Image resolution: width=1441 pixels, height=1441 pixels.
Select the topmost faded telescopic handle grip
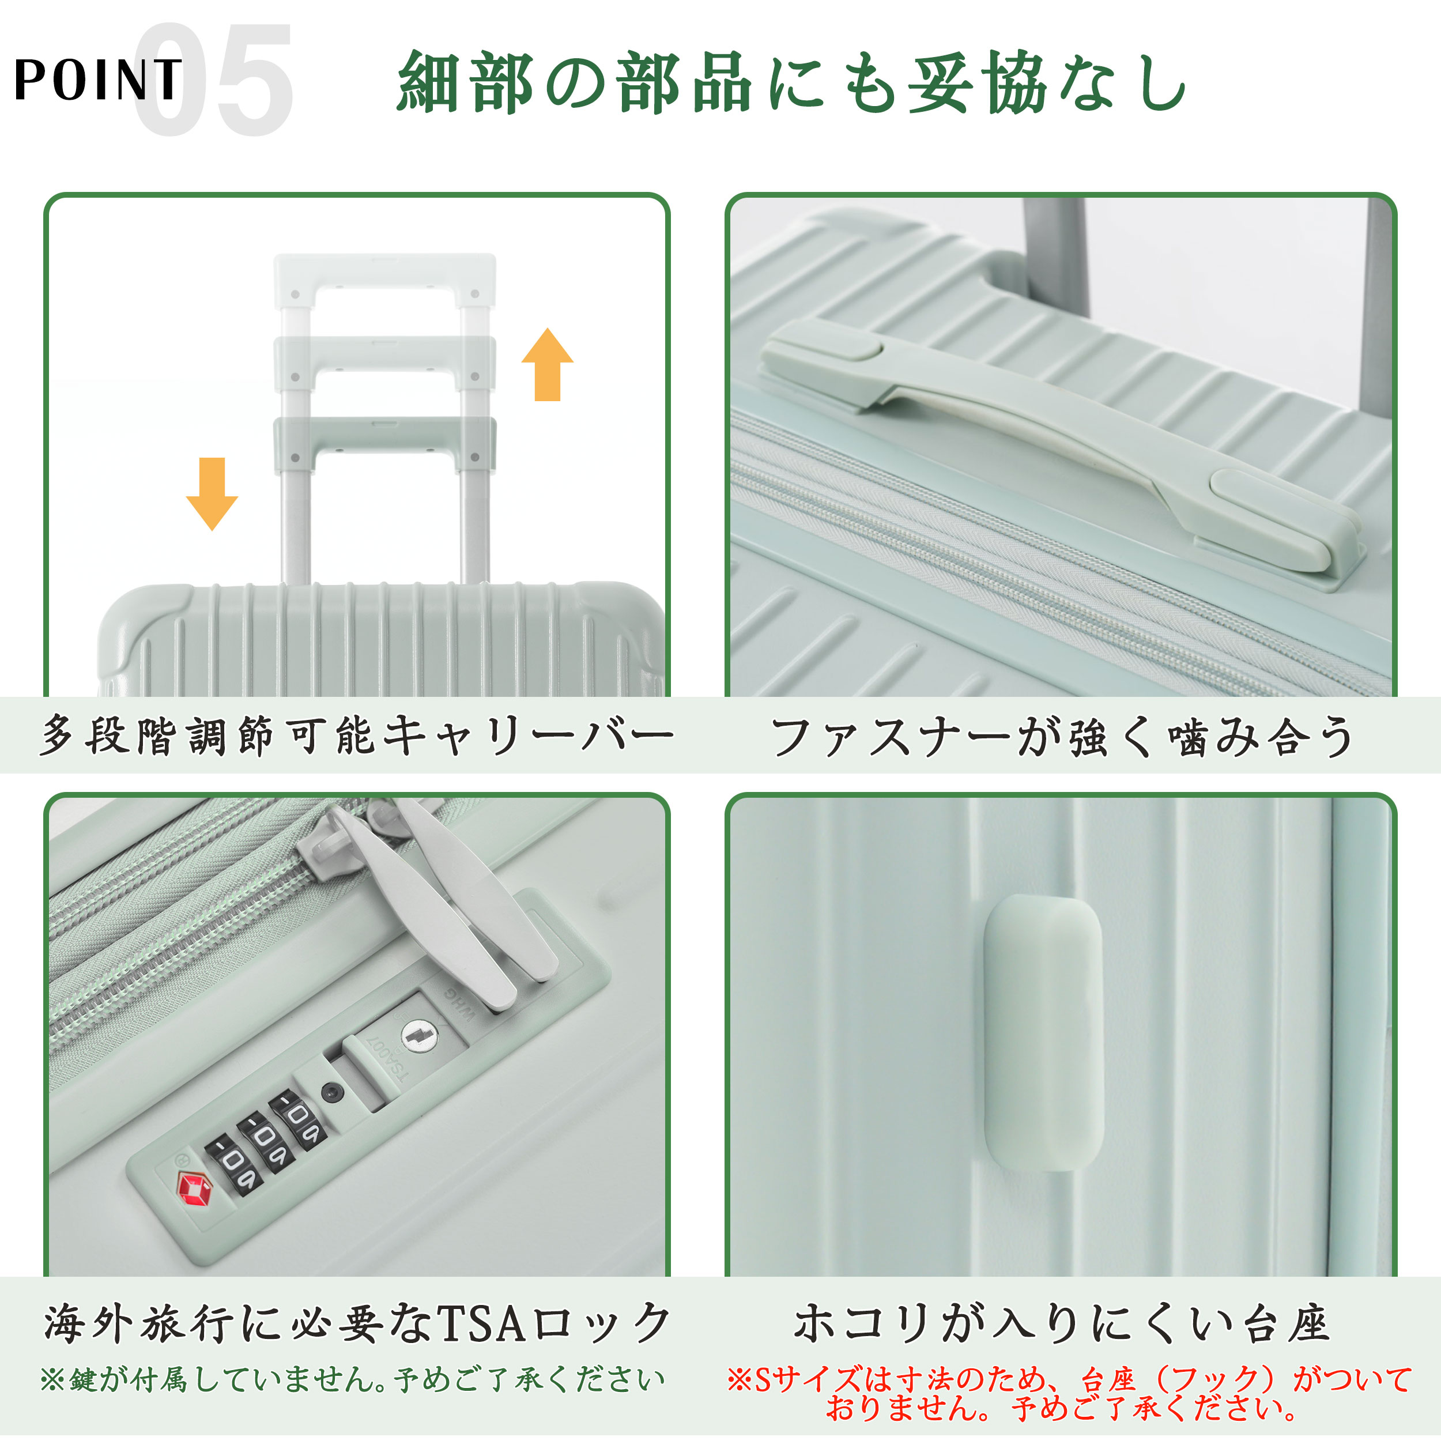click(x=384, y=276)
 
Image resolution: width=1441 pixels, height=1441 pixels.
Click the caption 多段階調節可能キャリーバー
click(x=357, y=735)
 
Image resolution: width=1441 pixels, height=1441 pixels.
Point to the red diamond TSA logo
click(x=193, y=1190)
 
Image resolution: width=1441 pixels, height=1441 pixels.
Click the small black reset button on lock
click(x=332, y=1093)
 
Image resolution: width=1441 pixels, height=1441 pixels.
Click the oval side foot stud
click(x=1043, y=1033)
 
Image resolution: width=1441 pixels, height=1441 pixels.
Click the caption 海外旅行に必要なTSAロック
click(x=357, y=1325)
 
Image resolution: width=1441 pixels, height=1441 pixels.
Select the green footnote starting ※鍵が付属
click(x=352, y=1380)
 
